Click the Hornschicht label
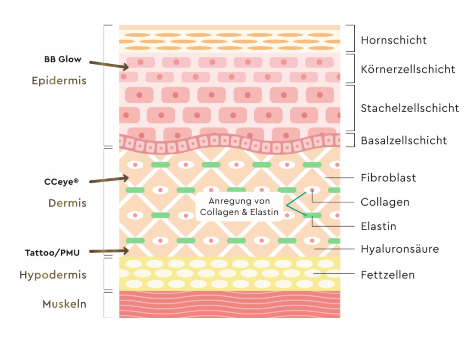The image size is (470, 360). point(393,40)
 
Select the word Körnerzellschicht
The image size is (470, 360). point(408,69)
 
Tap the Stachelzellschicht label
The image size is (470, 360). point(409,108)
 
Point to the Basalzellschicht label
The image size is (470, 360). point(403,140)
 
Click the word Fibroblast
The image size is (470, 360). point(388,177)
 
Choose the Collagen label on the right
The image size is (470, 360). point(385,202)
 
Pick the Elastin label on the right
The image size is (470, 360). point(378,226)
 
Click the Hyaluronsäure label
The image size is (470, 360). point(400,249)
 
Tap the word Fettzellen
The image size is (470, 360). point(387,275)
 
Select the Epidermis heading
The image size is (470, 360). point(59,81)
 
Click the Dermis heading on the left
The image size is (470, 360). point(67,203)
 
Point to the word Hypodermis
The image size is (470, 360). point(53,275)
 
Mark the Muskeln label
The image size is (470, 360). point(64,304)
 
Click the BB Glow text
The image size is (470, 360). point(63,59)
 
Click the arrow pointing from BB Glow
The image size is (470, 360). point(109,64)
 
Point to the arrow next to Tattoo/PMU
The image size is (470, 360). point(109,250)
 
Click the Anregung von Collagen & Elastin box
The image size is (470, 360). point(239,206)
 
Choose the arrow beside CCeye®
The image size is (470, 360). point(109,180)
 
